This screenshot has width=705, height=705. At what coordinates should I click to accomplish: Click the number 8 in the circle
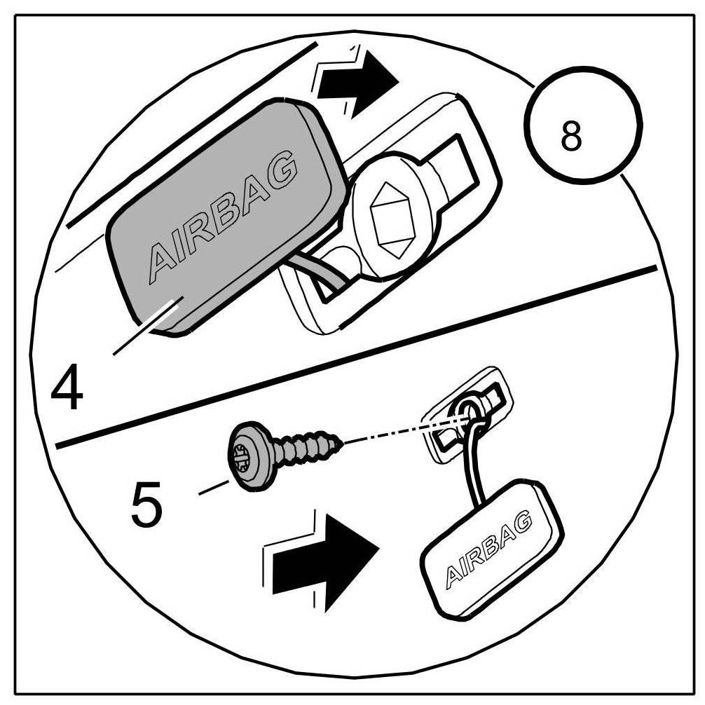click(571, 137)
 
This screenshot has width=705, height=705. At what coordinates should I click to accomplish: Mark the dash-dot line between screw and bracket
click(399, 431)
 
